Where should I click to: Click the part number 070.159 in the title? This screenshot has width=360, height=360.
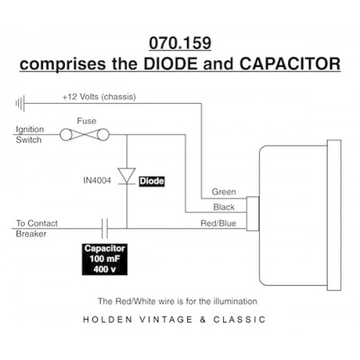(180, 43)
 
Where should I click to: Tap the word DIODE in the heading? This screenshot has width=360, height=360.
(170, 64)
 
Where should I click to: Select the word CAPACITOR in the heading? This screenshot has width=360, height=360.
(290, 64)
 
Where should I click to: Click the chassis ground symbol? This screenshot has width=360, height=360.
(20, 104)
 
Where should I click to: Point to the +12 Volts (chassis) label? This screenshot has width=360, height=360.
(99, 96)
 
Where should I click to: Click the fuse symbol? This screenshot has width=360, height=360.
(84, 135)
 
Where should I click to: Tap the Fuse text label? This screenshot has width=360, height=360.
(86, 121)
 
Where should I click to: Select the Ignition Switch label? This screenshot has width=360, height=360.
(30, 135)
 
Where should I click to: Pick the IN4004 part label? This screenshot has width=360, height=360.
(97, 180)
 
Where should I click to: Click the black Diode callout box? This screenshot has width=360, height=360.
(152, 181)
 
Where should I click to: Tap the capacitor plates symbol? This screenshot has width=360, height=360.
(104, 228)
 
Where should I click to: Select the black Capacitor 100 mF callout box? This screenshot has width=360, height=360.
(104, 259)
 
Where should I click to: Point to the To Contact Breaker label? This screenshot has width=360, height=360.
(37, 228)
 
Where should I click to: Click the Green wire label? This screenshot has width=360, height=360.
(224, 192)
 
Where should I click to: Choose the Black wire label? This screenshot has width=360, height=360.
(224, 207)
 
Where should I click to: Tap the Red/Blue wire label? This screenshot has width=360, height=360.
(218, 223)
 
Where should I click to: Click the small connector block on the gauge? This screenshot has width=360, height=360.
(253, 214)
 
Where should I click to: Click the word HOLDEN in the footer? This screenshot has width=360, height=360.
(107, 320)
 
